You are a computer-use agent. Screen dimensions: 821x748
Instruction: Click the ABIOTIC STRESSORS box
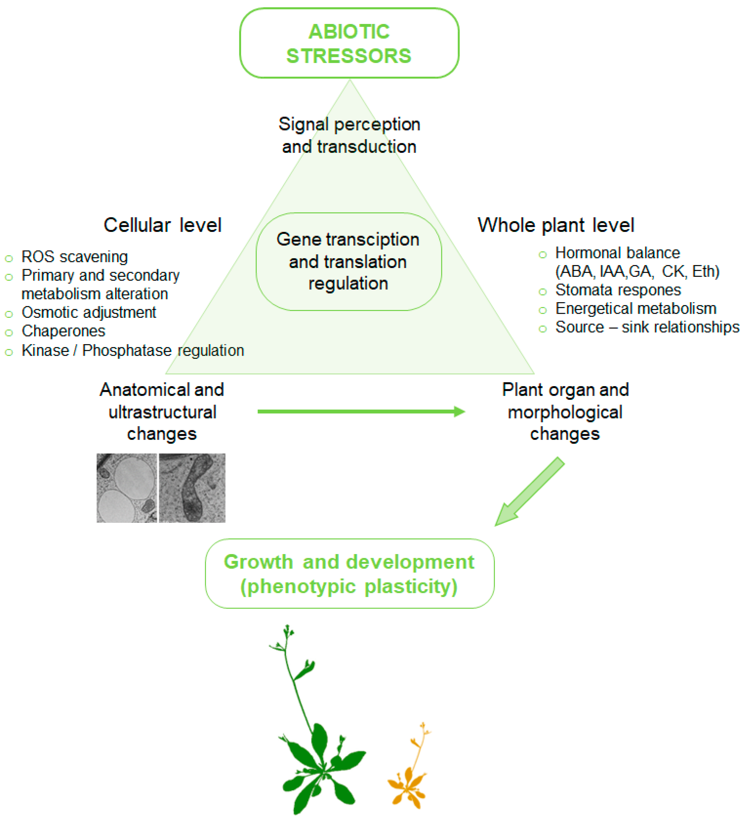pyautogui.click(x=349, y=43)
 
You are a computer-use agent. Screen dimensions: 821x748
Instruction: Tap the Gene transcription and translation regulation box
pyautogui.click(x=348, y=262)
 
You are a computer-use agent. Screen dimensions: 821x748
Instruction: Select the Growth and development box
pyautogui.click(x=349, y=573)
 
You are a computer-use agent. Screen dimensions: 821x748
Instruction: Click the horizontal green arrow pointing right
pyautogui.click(x=360, y=411)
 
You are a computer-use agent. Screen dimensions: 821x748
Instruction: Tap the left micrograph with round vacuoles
pyautogui.click(x=126, y=488)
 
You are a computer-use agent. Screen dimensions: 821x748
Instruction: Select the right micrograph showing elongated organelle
pyautogui.click(x=192, y=488)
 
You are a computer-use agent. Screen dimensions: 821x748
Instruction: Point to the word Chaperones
pyautogui.click(x=63, y=331)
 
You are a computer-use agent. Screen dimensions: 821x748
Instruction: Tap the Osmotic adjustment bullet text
pyautogui.click(x=89, y=312)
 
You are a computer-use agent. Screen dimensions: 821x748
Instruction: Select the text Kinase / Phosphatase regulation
pyautogui.click(x=133, y=350)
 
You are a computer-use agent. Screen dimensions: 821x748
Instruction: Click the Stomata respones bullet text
pyautogui.click(x=618, y=290)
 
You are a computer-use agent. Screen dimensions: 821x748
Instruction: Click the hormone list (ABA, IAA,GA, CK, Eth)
pyautogui.click(x=637, y=271)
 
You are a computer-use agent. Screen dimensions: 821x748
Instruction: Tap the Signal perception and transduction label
pyautogui.click(x=349, y=135)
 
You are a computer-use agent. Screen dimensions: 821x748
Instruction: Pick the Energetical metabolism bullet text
pyautogui.click(x=635, y=308)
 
